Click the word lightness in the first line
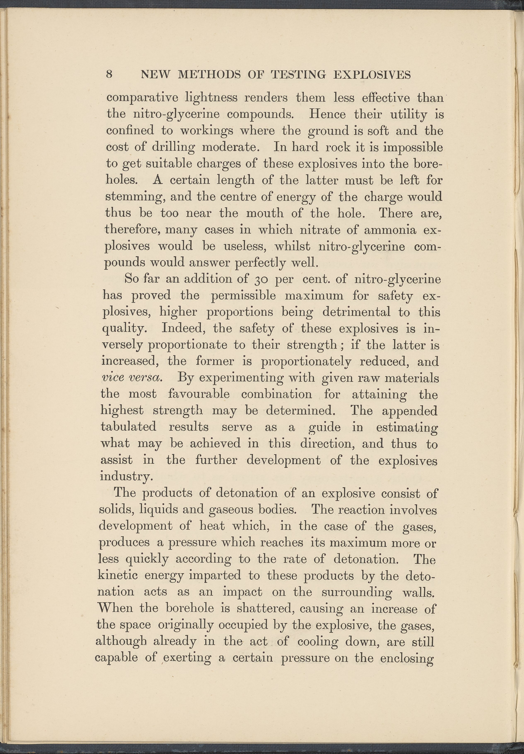pos(211,98)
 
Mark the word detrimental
pos(356,312)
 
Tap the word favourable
pos(199,394)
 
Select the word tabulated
pos(128,427)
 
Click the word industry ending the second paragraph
pos(126,476)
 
